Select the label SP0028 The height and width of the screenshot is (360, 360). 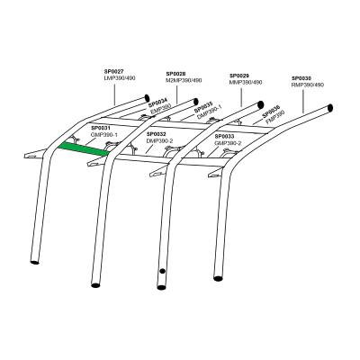click(x=175, y=74)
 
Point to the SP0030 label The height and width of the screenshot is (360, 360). click(x=302, y=78)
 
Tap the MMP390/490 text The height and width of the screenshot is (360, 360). click(x=246, y=82)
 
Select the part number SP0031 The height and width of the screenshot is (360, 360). click(x=100, y=128)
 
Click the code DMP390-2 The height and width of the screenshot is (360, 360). click(x=161, y=139)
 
